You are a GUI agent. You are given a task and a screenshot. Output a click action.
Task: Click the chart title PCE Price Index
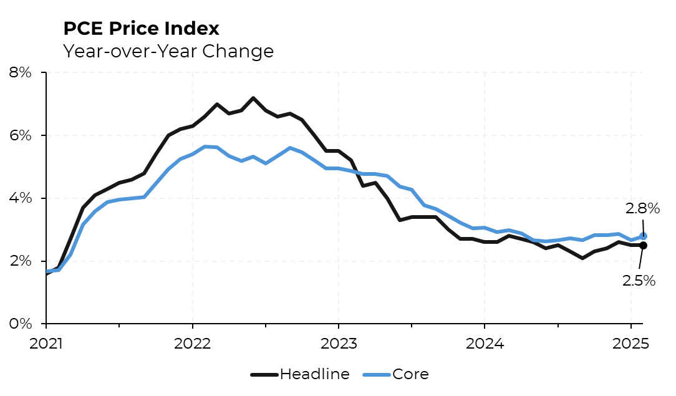point(141,28)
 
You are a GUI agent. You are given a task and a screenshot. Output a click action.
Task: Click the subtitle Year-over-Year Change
point(168,51)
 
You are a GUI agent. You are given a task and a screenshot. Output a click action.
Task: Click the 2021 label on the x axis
point(46,343)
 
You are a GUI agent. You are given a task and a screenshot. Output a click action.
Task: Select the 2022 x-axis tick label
point(192,343)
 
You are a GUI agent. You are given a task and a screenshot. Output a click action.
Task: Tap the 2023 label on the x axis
point(338,343)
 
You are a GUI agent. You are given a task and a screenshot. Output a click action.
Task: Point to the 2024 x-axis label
point(484,343)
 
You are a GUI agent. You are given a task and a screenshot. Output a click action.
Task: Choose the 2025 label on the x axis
point(630,343)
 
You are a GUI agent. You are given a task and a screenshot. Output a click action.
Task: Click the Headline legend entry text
point(314,374)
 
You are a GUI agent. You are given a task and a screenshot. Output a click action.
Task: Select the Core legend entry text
point(410,374)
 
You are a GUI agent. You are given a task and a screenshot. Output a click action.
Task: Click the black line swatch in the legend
point(264,375)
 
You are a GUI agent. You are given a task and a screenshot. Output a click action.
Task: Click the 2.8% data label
point(642,209)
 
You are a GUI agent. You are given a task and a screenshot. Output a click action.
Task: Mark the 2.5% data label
point(639,281)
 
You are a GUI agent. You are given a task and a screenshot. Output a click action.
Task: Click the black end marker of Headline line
point(643,245)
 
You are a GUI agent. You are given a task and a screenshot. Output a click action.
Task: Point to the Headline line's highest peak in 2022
point(253,98)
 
